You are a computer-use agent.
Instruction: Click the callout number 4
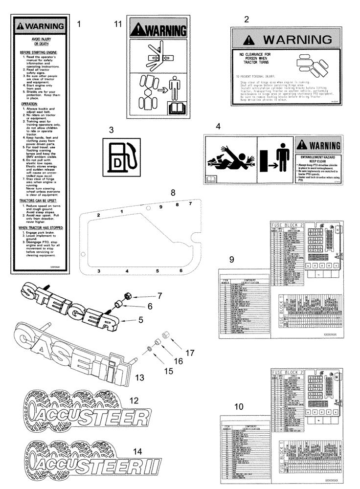tap(218, 126)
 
